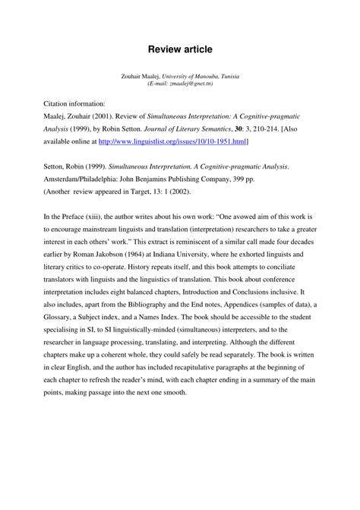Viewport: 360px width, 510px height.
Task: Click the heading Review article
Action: [180, 49]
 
